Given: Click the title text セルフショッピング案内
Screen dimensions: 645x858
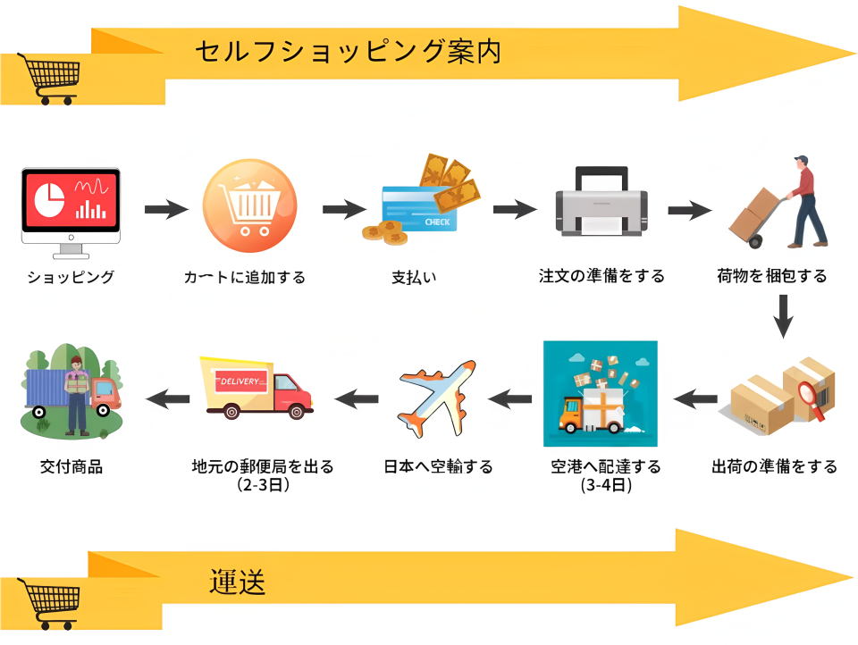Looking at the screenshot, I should [x=348, y=52].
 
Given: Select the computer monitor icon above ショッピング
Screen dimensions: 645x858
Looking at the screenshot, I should [x=71, y=206].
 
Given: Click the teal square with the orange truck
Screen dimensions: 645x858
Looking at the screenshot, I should [x=600, y=394].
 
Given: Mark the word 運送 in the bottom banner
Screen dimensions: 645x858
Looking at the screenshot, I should [x=238, y=582].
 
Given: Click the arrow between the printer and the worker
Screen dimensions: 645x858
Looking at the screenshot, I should [x=689, y=210].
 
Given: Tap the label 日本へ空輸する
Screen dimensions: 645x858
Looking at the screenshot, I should [x=438, y=466].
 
